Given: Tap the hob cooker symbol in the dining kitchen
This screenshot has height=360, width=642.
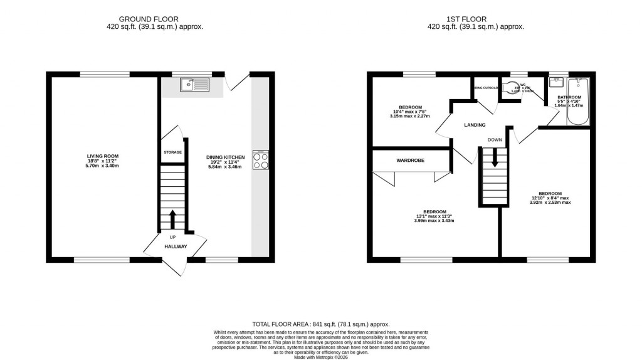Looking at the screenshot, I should tap(260, 160).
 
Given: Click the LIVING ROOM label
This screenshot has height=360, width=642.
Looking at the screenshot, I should tap(103, 156).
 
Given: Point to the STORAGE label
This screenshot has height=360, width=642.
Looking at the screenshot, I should tap(172, 152).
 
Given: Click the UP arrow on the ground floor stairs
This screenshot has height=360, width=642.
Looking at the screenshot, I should tap(172, 220).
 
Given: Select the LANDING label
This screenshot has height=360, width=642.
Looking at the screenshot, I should tap(475, 125).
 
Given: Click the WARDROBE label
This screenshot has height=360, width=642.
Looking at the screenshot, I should tap(410, 161).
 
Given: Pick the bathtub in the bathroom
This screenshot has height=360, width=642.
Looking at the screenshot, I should tap(577, 101).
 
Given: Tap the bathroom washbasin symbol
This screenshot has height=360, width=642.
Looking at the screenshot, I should tap(555, 82).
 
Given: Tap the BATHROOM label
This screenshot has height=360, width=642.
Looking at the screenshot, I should tap(569, 97).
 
